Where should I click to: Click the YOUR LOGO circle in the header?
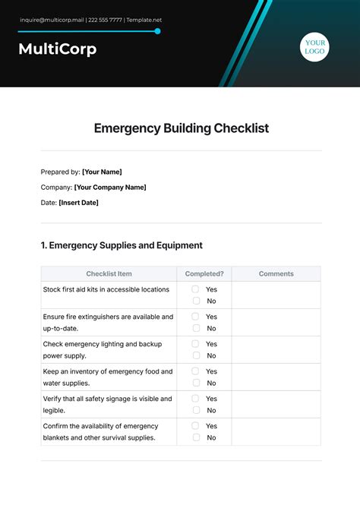point(314,47)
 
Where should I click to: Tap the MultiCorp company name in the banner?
point(58,50)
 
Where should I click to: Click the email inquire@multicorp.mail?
point(51,20)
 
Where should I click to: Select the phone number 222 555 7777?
point(105,20)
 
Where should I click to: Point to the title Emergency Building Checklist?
point(182,128)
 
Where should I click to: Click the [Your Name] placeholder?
point(102,172)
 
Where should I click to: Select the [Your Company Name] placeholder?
point(110,187)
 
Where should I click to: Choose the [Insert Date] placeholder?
point(78,203)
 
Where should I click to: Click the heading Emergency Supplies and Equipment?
point(122,245)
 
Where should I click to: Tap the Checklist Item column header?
point(109,273)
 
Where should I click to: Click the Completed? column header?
point(204,273)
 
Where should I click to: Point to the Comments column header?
point(276,273)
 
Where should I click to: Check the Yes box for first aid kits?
point(195,289)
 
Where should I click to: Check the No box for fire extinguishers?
point(195,328)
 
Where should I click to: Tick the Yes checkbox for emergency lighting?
point(195,344)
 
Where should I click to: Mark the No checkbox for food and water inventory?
point(195,383)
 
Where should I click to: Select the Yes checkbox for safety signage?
point(195,399)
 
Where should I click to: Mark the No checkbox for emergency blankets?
point(195,437)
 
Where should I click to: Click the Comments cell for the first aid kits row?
point(276,295)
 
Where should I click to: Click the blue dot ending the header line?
point(157,31)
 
